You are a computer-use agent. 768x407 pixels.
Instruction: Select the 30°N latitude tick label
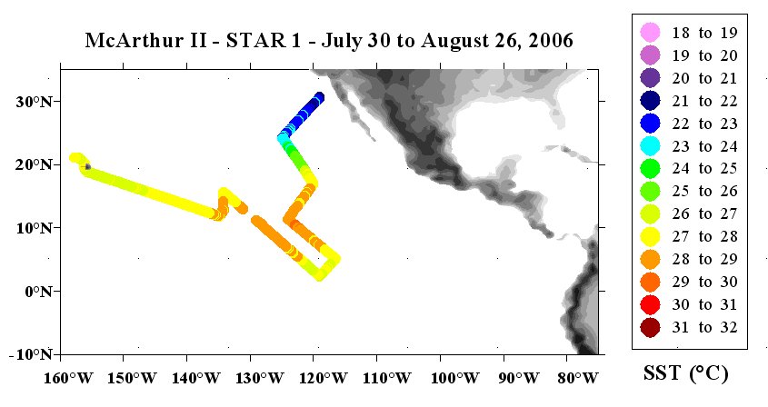[x=34, y=102]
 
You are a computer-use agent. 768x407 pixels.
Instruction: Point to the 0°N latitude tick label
[x=38, y=292]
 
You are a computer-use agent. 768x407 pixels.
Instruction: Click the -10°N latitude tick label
[x=30, y=354]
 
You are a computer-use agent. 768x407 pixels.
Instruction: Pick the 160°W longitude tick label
[x=68, y=378]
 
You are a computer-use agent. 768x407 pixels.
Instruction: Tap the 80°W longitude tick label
[x=576, y=378]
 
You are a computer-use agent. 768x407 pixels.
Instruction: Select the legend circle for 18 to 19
[x=651, y=33]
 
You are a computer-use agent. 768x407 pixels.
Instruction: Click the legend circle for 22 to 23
[x=651, y=124]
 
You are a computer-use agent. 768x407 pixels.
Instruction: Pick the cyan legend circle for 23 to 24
[x=651, y=146]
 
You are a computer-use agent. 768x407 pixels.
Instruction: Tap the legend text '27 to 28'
[x=704, y=236]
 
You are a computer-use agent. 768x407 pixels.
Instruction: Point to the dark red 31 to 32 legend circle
[x=651, y=327]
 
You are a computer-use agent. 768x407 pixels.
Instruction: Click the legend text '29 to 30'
[x=704, y=283]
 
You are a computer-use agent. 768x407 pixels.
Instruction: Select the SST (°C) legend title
[x=685, y=373]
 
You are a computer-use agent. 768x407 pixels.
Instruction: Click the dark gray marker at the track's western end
[x=87, y=166]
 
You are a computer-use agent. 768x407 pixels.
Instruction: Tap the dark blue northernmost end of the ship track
[x=319, y=96]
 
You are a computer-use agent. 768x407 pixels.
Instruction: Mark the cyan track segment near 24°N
[x=283, y=137]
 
